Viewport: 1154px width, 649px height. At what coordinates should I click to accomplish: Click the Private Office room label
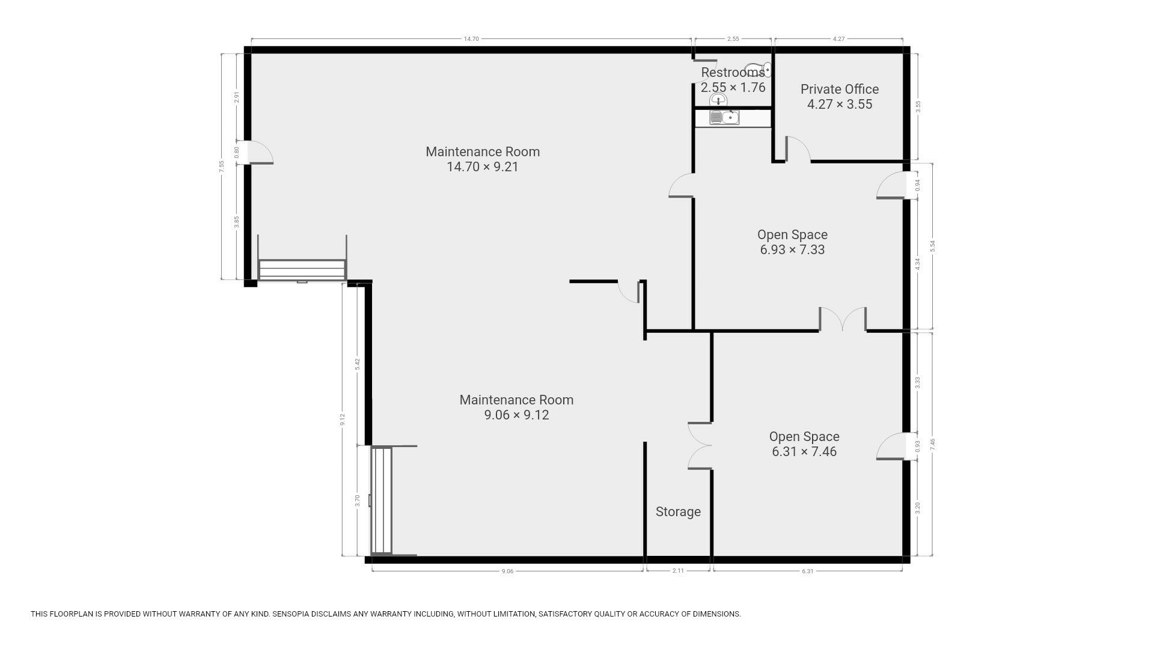pos(839,89)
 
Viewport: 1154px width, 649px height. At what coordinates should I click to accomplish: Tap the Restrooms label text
pos(733,73)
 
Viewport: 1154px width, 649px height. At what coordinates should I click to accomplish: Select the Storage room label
pos(678,511)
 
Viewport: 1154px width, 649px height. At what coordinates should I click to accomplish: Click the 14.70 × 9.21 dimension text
pos(482,166)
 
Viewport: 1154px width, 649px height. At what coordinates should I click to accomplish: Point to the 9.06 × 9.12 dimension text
pos(516,415)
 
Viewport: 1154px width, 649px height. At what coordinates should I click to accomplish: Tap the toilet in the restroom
pos(759,70)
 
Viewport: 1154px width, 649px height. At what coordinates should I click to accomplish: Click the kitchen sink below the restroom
pos(724,118)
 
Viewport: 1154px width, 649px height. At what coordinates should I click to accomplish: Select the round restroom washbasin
pos(718,100)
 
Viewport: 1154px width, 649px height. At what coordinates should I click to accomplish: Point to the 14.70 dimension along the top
pos(471,38)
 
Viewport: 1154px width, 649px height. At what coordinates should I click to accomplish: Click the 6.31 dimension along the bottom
pos(807,571)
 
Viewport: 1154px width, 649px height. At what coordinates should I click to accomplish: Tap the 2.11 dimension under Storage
pos(677,571)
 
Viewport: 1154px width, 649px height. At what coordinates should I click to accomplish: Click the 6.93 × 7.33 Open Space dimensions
pos(792,249)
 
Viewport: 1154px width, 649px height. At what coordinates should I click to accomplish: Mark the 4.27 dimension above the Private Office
pos(838,38)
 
